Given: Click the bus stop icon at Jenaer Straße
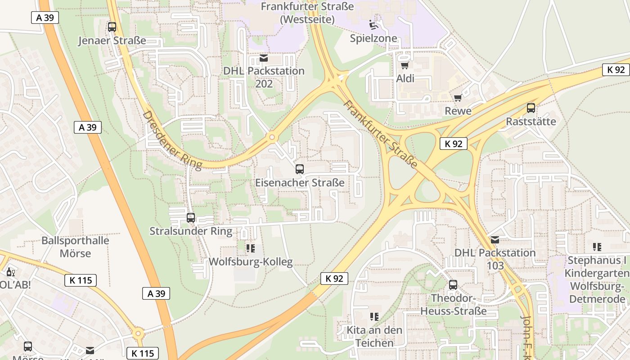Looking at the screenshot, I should pos(112,27).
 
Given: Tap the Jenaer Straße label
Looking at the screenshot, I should pos(112,40).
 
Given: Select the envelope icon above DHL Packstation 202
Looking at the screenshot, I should pos(264,58).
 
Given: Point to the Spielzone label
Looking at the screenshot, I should pos(373,38).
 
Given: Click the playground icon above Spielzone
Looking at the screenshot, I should pos(373,24).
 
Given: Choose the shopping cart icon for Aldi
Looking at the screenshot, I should pos(405,65).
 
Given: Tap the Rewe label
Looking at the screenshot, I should pos(458,111).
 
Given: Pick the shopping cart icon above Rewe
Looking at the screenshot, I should pos(458,98).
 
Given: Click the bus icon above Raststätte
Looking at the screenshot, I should pos(531,108).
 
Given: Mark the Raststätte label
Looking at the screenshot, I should pos(531,121).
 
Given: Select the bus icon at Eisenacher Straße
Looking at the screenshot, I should pos(300,169).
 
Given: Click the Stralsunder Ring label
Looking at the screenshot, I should pos(191,231).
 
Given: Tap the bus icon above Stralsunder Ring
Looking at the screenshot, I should pos(191,218).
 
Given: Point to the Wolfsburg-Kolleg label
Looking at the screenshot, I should pos(251,262).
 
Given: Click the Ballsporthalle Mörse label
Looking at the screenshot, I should pos(75,247).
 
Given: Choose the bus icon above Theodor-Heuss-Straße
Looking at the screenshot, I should pos(453,285).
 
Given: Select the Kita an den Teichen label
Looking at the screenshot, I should pos(374,336).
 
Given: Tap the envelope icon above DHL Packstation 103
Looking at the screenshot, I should pos(495,240).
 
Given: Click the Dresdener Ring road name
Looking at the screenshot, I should pos(172,140).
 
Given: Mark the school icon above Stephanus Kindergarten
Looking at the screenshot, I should pos(597,247).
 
